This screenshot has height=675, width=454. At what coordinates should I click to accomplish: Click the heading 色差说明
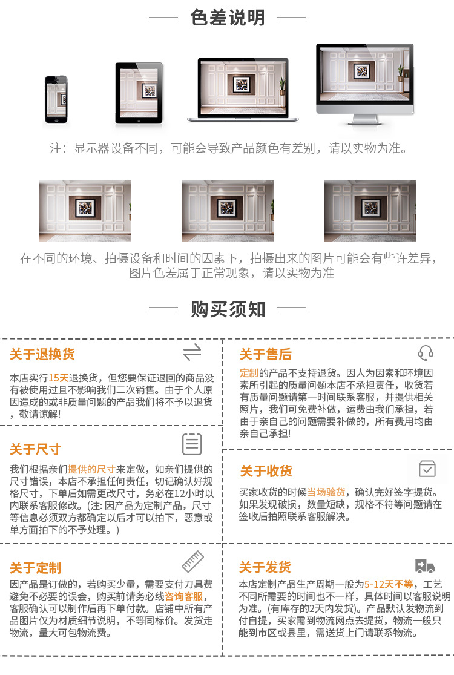228,18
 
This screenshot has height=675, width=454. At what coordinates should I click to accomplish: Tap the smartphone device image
56,100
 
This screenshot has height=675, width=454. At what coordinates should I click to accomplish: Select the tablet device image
139,94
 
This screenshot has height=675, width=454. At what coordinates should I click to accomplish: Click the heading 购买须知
228,309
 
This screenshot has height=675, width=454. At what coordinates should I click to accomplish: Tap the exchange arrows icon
192,352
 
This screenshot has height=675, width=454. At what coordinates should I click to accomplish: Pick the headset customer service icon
426,353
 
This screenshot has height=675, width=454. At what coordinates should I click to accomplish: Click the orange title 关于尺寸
36,449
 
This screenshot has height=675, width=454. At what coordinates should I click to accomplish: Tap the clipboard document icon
192,444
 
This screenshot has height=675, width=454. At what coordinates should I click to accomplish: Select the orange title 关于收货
266,471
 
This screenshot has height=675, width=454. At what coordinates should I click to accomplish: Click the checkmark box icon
427,468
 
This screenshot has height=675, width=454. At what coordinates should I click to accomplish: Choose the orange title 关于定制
36,568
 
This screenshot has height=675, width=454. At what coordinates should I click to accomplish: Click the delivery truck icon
425,566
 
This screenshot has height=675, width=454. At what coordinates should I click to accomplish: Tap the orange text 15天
59,377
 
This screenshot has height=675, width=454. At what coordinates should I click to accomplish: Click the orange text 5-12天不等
389,584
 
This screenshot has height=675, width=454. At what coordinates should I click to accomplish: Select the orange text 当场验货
326,492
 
